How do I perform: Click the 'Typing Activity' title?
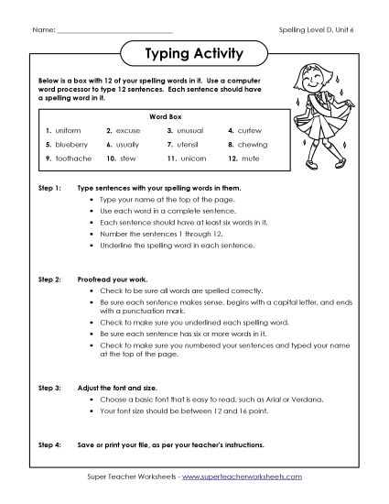coord(194,53)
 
